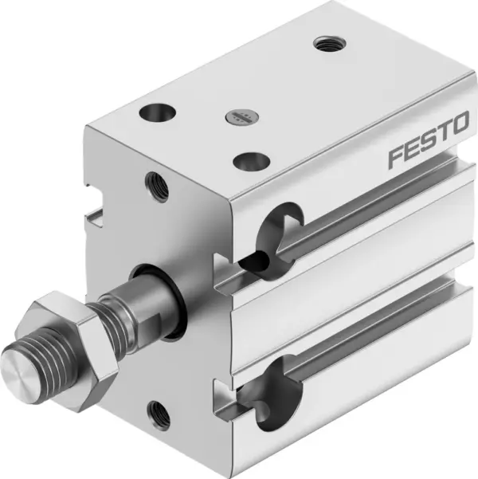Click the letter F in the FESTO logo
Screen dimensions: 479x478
click(x=397, y=157)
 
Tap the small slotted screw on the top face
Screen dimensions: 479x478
click(x=239, y=117)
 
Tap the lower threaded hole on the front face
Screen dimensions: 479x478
click(x=160, y=412)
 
